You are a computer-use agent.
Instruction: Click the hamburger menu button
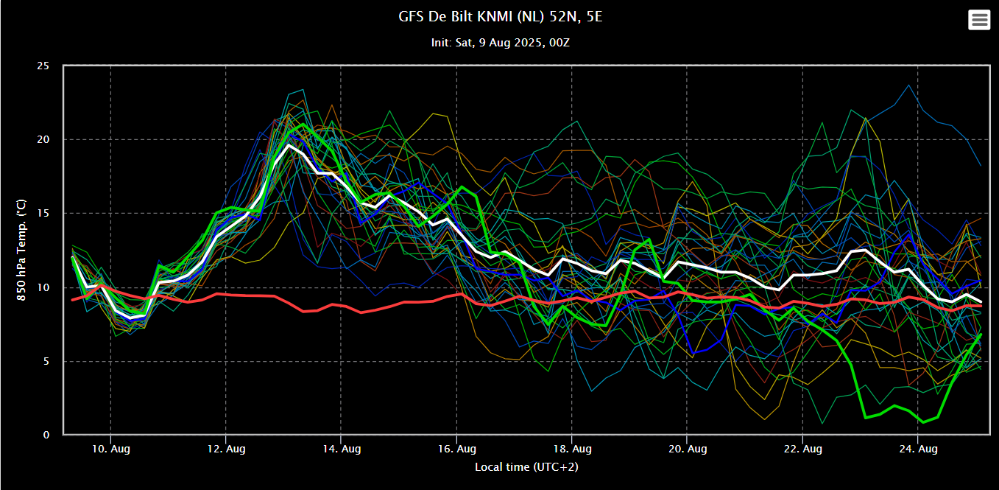click(979, 20)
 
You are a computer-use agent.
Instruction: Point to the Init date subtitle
click(500, 43)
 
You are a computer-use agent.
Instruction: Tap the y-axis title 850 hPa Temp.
click(21, 250)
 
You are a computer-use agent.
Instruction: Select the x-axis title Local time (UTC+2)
click(526, 467)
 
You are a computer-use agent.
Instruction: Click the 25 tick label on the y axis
click(43, 66)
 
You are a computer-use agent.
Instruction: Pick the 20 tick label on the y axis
click(43, 140)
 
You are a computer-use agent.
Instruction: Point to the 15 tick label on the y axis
click(43, 213)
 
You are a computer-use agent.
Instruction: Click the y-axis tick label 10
click(43, 287)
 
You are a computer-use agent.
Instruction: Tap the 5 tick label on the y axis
click(46, 361)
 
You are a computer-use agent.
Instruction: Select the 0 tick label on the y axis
click(46, 435)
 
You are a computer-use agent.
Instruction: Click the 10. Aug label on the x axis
click(110, 449)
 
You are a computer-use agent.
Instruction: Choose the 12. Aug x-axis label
click(226, 449)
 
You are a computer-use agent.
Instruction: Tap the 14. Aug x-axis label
click(341, 449)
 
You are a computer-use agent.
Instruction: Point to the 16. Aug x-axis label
click(456, 449)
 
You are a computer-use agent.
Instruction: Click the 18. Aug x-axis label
click(572, 449)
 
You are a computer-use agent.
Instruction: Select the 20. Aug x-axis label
click(688, 449)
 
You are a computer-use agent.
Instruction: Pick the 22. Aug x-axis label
click(802, 449)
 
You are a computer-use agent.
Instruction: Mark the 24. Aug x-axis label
click(918, 449)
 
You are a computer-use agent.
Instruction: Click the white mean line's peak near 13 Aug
click(289, 144)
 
